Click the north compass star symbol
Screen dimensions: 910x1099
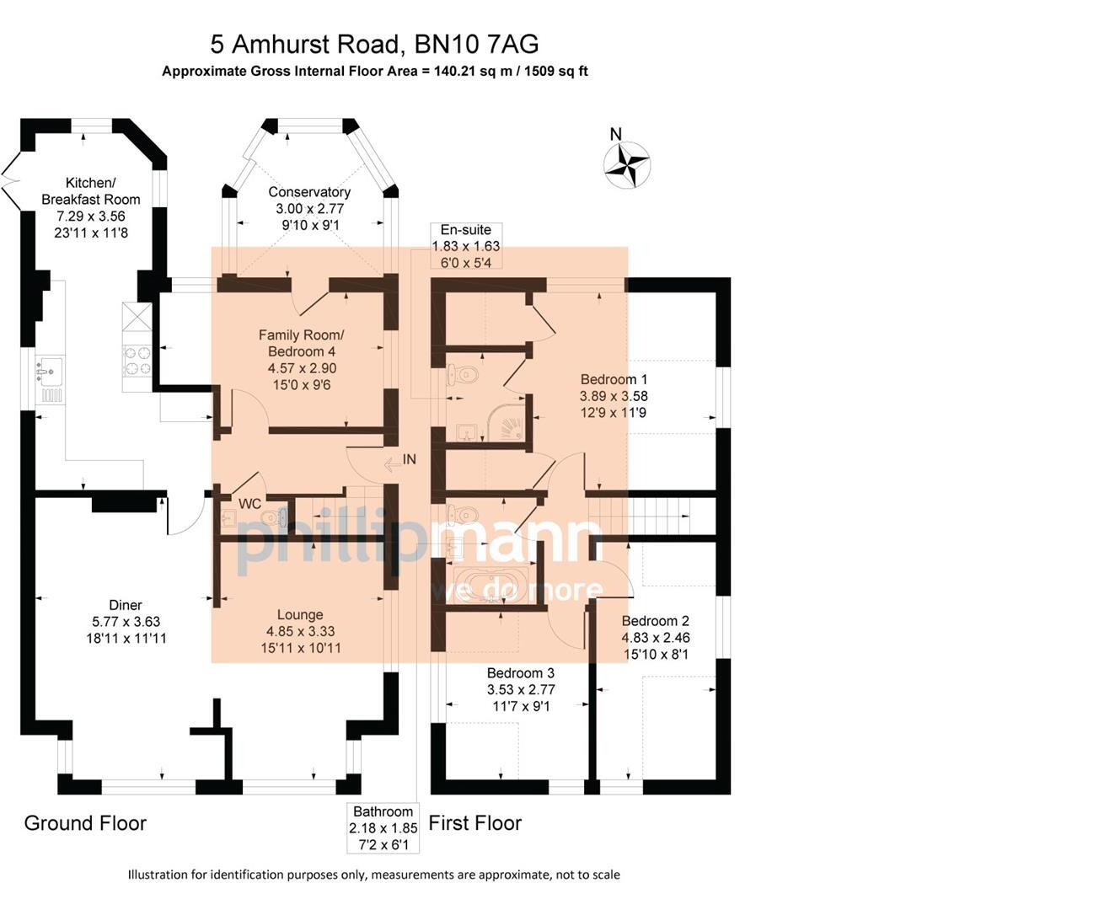(627, 162)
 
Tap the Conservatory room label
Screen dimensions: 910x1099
(309, 192)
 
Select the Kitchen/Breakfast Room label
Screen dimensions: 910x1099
(90, 191)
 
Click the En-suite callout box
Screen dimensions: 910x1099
(465, 246)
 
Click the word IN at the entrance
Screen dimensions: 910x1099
(410, 460)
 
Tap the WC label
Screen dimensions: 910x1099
(249, 504)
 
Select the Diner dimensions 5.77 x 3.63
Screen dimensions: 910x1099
(126, 622)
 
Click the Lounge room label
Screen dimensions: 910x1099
(300, 615)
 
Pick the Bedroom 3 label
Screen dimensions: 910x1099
(521, 673)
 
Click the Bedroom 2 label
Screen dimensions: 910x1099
(655, 621)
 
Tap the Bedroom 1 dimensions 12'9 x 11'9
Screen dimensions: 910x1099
(613, 413)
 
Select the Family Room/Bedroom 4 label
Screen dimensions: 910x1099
(301, 343)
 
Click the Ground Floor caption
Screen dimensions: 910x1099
(85, 823)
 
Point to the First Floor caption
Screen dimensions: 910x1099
(474, 823)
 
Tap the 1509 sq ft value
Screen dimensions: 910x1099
(556, 72)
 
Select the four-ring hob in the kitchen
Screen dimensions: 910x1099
(137, 361)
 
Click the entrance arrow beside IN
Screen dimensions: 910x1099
(391, 463)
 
